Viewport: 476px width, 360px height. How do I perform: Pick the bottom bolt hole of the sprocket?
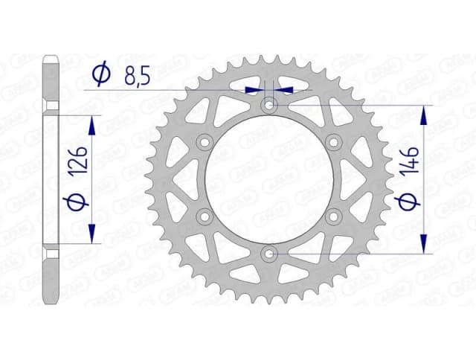[x=269, y=254]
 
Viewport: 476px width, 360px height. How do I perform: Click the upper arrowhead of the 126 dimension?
[x=92, y=121]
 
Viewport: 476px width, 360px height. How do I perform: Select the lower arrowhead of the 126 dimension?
[x=92, y=236]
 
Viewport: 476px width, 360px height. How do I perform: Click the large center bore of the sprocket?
[x=269, y=179]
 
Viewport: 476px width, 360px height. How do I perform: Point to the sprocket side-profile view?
[x=51, y=179]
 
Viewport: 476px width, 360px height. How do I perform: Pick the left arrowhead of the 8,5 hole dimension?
[x=256, y=89]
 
